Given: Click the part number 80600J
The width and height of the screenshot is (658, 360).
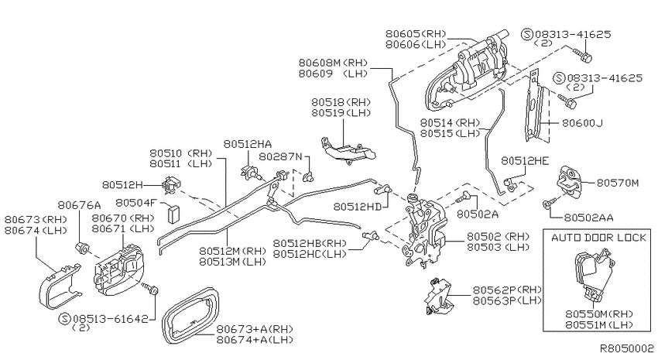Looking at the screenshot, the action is (x=582, y=123).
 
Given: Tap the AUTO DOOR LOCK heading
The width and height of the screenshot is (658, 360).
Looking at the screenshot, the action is (x=598, y=238).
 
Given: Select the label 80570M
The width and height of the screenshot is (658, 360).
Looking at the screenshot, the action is (x=618, y=183).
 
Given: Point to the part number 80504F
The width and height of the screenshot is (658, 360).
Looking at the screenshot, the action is (x=136, y=203).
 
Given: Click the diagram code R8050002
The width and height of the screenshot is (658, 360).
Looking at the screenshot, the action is (x=626, y=348).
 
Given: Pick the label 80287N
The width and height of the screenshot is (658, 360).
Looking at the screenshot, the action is (x=280, y=156).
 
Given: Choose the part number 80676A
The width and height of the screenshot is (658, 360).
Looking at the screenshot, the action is (x=79, y=204).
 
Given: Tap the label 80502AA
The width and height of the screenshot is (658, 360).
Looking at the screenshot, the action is (x=588, y=218).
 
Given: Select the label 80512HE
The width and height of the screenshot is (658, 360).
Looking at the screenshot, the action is (x=525, y=161).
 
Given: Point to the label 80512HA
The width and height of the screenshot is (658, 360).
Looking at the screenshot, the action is (x=247, y=144).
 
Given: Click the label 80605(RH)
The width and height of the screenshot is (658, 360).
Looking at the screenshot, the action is (x=416, y=34).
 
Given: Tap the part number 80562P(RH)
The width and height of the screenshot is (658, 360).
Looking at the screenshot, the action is (x=507, y=290).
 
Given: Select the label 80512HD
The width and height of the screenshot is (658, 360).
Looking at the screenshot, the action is (x=358, y=207).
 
